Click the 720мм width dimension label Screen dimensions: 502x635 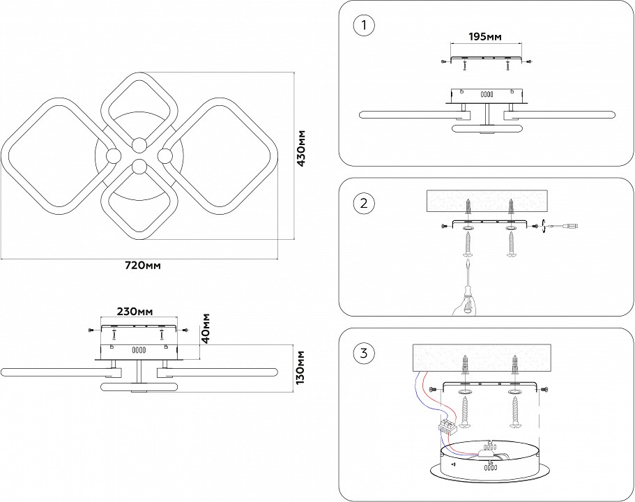[143, 266]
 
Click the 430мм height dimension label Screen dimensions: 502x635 [302, 149]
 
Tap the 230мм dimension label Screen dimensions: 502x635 [135, 311]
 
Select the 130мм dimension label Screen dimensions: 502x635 [301, 368]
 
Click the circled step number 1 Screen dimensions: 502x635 [364, 26]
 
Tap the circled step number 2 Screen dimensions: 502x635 [364, 204]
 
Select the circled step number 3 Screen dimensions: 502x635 [364, 353]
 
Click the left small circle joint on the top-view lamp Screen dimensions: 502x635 [113, 155]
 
